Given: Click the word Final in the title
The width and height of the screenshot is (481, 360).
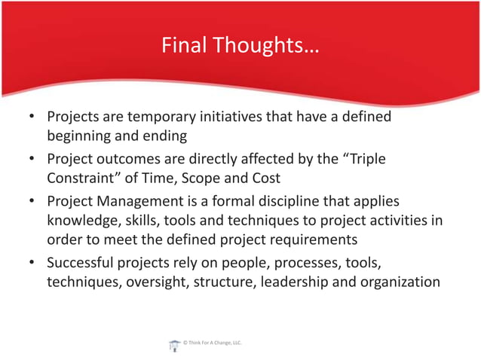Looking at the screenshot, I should pos(183,47).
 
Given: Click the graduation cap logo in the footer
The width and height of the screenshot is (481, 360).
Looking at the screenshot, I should pos(173,344).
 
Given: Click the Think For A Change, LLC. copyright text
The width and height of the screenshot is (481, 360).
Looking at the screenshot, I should pos(212,343).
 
